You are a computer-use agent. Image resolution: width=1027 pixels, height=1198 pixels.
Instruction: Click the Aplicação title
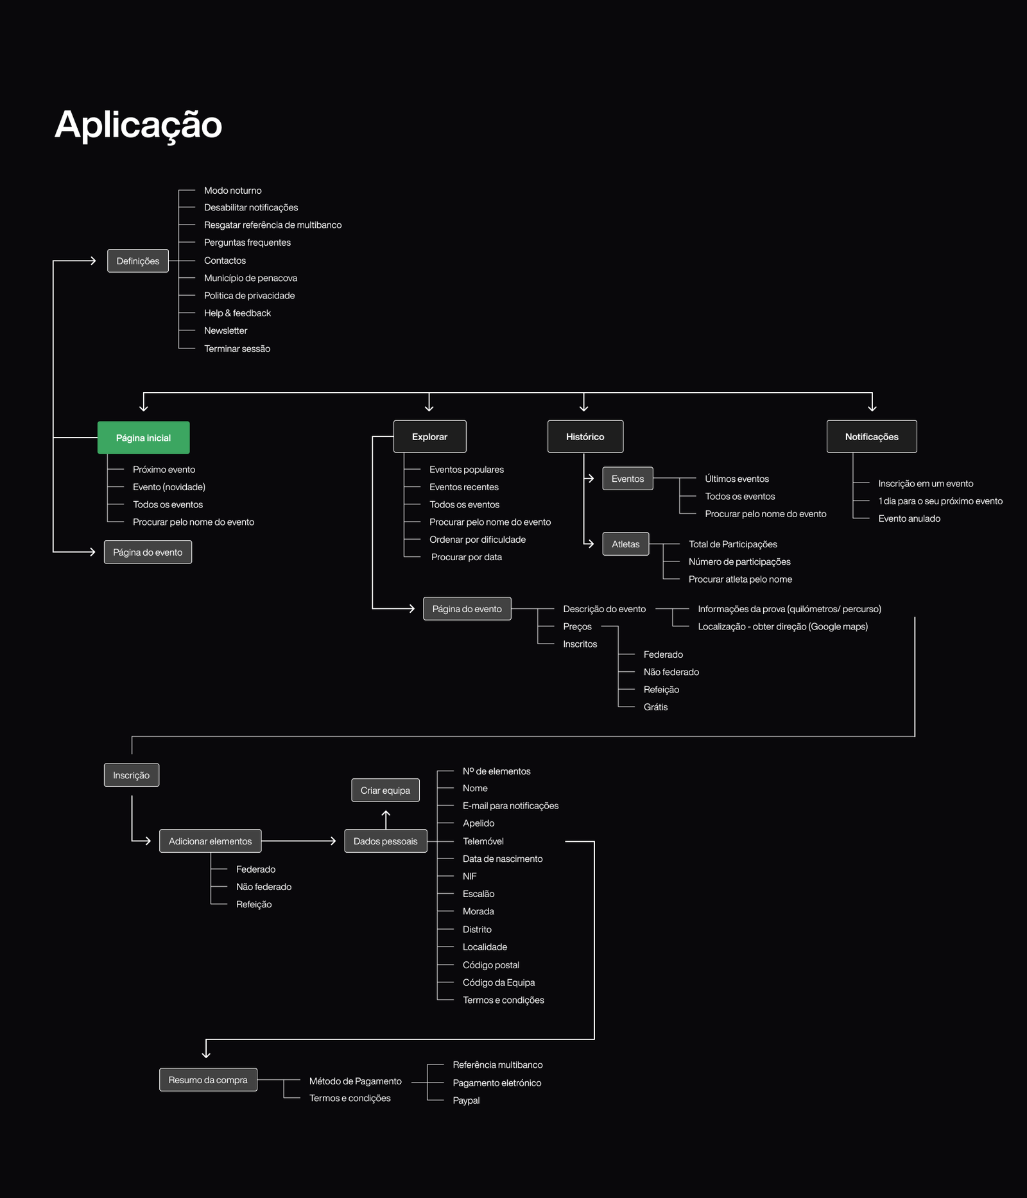[x=139, y=125]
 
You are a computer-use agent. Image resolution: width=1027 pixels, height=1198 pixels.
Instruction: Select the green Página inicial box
[x=143, y=438]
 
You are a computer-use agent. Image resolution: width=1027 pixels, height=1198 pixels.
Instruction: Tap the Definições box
[x=138, y=261]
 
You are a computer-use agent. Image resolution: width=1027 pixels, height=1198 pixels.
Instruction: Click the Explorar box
[x=430, y=436]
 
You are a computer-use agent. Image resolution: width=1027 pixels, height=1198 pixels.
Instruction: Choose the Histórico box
[x=585, y=436]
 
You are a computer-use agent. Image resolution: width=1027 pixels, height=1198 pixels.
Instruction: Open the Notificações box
[x=872, y=436]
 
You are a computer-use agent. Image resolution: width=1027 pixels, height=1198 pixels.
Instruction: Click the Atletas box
[x=626, y=544]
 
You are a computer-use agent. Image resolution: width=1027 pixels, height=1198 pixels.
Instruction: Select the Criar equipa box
[x=385, y=791]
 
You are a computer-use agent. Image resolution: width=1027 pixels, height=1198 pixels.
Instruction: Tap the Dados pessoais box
[x=386, y=841]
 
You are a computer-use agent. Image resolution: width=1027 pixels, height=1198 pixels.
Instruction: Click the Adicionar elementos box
[x=211, y=841]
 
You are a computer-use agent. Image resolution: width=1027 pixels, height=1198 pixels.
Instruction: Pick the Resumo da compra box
[x=208, y=1080]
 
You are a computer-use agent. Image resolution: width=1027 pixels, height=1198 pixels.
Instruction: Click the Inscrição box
[x=132, y=775]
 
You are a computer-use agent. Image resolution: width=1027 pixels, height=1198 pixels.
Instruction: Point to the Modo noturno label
[x=233, y=191]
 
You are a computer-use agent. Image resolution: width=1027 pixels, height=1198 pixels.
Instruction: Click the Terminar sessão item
[x=237, y=348]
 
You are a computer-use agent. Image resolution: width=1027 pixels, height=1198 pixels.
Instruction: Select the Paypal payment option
[x=467, y=1100]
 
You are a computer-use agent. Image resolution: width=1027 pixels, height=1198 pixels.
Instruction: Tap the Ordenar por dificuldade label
[x=478, y=540]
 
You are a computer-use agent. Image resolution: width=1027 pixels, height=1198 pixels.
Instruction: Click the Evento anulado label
[x=910, y=518]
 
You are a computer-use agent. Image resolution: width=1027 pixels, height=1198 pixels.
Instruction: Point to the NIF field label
[x=470, y=877]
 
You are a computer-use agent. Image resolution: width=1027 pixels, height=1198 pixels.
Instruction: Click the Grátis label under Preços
[x=656, y=707]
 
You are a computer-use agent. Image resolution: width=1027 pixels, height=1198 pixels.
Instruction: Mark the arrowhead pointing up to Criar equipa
[x=386, y=813]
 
